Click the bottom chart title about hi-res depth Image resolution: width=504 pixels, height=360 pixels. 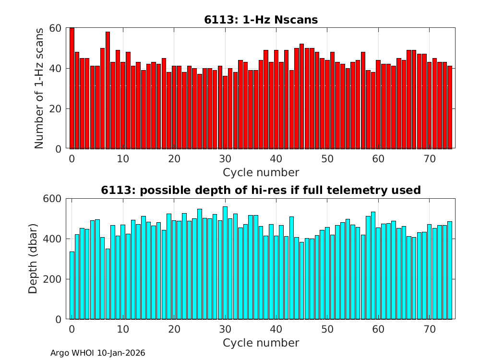(261, 190)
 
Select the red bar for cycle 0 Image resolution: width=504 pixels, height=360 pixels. (72, 89)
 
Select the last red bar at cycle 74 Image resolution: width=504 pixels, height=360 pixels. (450, 108)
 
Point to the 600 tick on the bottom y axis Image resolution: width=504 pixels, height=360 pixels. (53, 199)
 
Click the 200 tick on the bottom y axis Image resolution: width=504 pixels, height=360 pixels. (53, 279)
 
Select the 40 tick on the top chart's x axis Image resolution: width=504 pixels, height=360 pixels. (276, 159)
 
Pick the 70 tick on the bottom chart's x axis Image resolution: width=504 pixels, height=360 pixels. (430, 329)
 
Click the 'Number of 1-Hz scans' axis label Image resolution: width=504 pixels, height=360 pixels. (39, 88)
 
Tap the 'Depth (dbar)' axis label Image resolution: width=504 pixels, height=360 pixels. (33, 258)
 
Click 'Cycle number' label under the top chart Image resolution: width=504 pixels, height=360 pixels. (261, 172)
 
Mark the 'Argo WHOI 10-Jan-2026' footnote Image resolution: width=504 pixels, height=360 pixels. (97, 353)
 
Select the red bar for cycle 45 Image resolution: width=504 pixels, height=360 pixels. (301, 96)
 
